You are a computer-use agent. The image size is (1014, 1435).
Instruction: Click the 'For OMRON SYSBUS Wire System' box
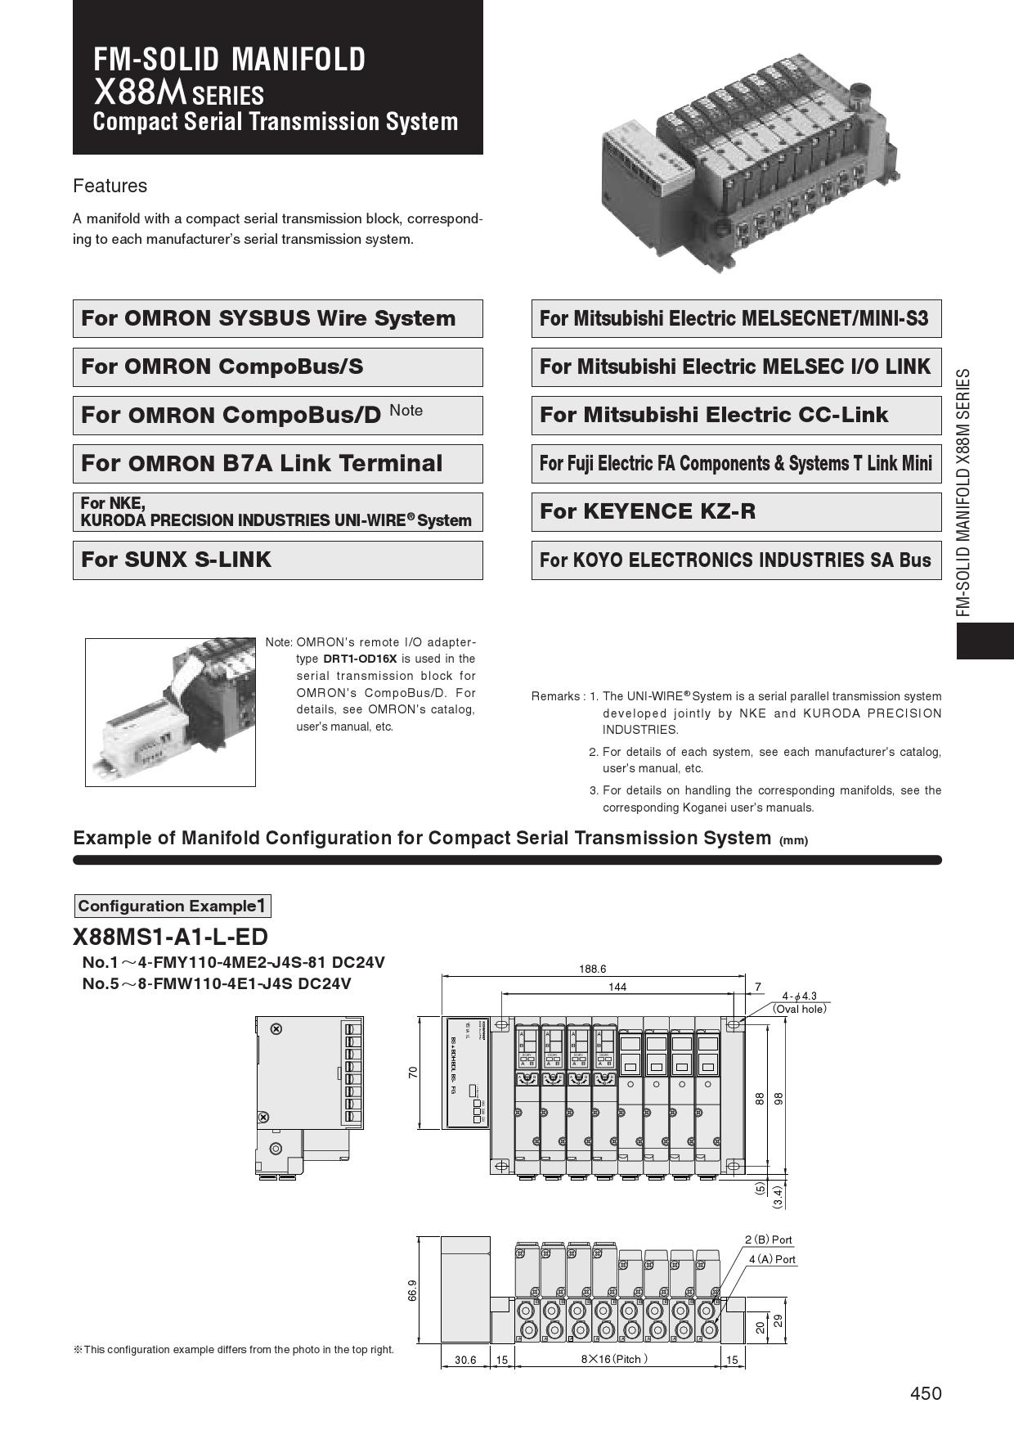[277, 318]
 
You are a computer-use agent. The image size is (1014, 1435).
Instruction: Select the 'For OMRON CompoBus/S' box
[277, 367]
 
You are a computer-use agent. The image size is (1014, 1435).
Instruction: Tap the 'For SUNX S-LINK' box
[277, 560]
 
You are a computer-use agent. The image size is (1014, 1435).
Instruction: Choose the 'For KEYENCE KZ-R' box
[736, 511]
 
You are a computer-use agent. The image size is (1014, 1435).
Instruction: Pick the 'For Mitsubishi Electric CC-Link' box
[736, 415]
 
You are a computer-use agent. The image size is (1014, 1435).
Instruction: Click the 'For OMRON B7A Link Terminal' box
[277, 463]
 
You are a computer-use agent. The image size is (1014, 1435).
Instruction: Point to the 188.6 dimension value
[592, 969]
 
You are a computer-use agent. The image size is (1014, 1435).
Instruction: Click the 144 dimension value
[617, 987]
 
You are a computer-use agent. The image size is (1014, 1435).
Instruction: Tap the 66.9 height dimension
[413, 1290]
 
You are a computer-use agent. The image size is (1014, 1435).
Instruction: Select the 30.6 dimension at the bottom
[465, 1360]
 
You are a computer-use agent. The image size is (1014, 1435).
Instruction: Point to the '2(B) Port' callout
[769, 1239]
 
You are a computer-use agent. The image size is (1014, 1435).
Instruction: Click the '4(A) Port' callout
[772, 1259]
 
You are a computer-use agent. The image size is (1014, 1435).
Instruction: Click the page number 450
[926, 1393]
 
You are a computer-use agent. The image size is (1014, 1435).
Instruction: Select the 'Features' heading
[110, 186]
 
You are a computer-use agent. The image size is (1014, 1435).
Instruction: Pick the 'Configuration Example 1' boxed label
[172, 906]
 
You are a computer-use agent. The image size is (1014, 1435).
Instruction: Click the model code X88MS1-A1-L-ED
[170, 937]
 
